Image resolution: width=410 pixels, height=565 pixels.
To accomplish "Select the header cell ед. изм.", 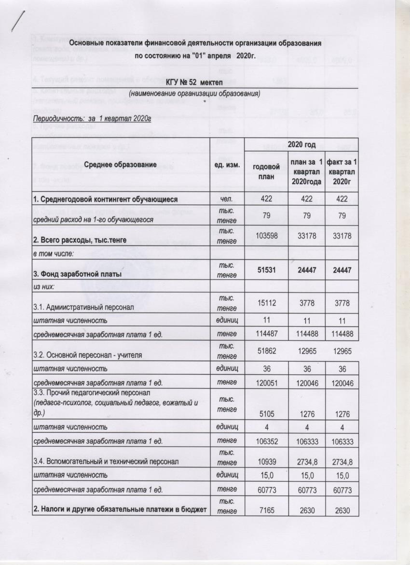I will click(227, 165).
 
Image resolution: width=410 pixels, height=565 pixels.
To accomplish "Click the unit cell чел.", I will click(227, 199).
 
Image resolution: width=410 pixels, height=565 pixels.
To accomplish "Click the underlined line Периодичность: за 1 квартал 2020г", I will click(92, 118).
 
